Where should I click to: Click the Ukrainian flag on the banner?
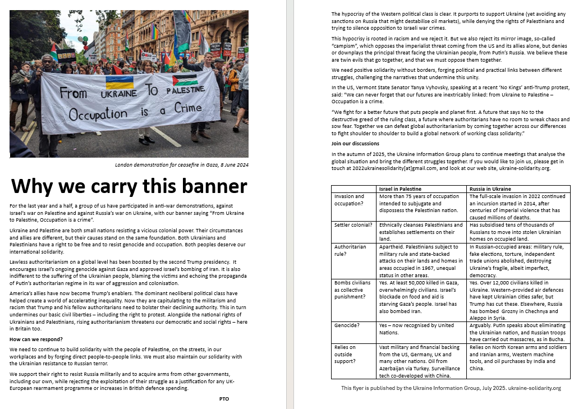[120, 83]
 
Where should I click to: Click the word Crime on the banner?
[187, 108]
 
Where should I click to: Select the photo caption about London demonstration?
[181, 165]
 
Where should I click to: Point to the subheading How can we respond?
[36, 339]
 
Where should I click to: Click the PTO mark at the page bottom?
[224, 398]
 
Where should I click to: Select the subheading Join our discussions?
[355, 144]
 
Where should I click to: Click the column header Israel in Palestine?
[400, 189]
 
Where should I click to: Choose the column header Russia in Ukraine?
[490, 189]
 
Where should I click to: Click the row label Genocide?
[347, 325]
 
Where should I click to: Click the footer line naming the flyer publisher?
[451, 388]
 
